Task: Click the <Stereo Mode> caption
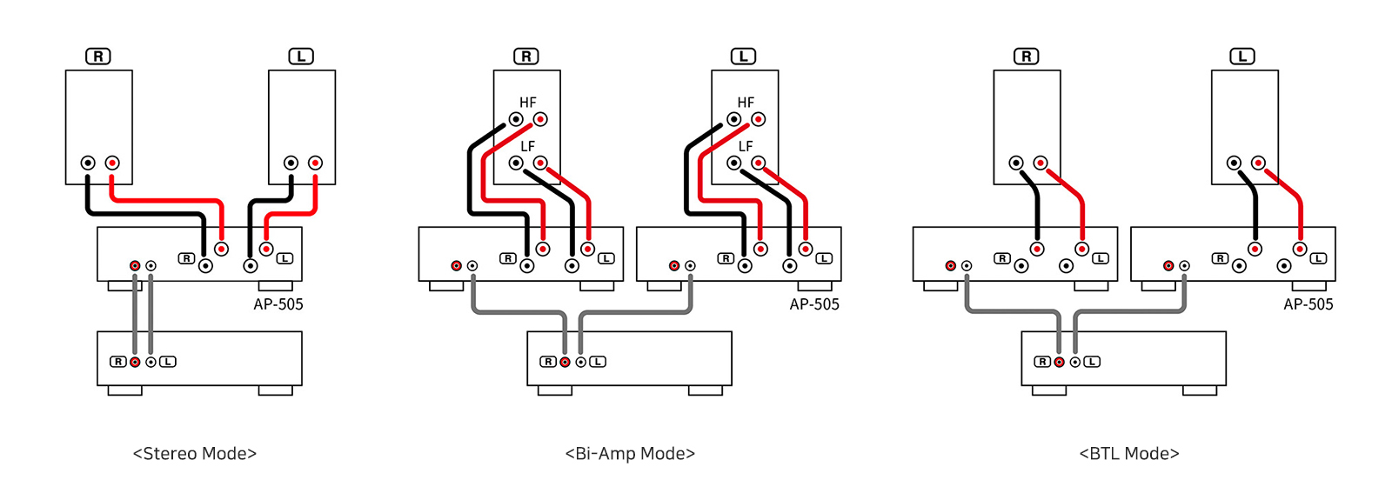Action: [x=195, y=453]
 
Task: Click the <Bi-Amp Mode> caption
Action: [x=630, y=453]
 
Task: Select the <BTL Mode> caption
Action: [x=1129, y=453]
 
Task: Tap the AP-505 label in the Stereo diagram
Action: [x=278, y=304]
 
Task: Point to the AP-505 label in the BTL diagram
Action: [x=1308, y=304]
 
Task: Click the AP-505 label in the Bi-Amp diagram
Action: [x=814, y=304]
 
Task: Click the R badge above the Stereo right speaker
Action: [x=98, y=57]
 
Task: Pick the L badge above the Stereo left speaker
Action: [x=301, y=57]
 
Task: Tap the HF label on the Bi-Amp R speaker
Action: [x=528, y=103]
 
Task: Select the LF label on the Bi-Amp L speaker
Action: [x=746, y=146]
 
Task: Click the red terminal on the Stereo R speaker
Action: [x=112, y=163]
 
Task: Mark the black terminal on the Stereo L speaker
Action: [x=291, y=163]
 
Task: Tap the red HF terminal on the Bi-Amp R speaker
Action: [x=540, y=119]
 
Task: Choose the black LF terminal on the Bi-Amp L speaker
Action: [x=734, y=163]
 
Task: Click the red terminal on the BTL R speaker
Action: [x=1041, y=163]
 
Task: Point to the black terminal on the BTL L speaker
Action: [x=1234, y=163]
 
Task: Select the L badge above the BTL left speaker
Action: [x=1242, y=57]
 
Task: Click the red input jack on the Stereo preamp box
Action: [x=135, y=362]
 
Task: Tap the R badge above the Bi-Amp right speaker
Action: [x=526, y=57]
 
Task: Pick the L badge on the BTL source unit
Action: [x=1092, y=362]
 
